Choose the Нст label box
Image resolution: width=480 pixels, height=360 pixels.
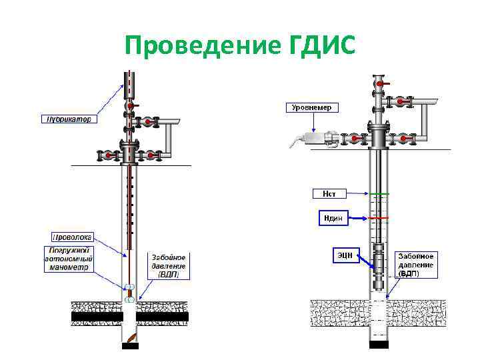tap(329, 194)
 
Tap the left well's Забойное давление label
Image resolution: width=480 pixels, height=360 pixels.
tap(168, 265)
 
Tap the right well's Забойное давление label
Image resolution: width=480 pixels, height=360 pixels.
tap(416, 265)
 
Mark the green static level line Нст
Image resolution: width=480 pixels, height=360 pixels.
tap(379, 194)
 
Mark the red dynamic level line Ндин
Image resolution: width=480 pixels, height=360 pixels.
tap(379, 218)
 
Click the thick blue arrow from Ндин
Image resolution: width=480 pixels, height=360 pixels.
tap(358, 218)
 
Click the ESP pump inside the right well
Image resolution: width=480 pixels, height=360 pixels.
tap(379, 267)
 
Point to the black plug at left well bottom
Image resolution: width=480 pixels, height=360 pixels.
tap(130, 346)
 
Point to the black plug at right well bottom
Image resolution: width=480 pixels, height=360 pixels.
tap(379, 345)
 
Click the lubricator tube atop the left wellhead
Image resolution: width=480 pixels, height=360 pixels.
tap(129, 85)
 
